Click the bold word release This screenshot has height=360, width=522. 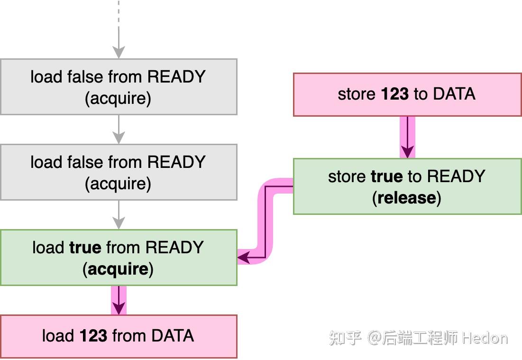406,198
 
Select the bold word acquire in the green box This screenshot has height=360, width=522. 118,269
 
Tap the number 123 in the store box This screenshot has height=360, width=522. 394,94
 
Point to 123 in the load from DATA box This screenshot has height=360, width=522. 93,336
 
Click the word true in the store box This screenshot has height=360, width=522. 386,176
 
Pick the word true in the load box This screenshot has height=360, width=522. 85,247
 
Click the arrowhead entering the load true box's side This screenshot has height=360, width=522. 243,258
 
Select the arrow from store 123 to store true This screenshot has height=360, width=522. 407,138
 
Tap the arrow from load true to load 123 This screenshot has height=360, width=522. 119,300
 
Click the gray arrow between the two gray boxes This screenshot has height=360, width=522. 119,129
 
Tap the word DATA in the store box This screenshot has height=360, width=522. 454,94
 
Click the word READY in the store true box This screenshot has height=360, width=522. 456,176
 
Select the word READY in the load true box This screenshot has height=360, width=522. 174,247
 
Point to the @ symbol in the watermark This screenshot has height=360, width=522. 375,338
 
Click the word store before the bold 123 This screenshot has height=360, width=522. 357,94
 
